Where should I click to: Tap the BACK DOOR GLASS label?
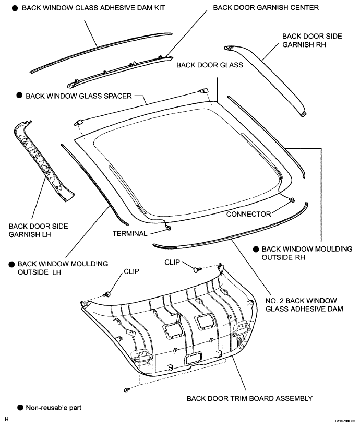210,65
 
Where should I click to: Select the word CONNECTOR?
249,214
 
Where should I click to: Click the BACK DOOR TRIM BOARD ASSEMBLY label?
249,398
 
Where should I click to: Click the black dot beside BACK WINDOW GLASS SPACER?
19,96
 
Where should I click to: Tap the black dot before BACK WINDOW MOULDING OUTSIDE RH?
256,248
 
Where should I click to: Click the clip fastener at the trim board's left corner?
108,294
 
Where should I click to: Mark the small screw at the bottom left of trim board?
127,390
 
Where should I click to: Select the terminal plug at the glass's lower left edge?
167,227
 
